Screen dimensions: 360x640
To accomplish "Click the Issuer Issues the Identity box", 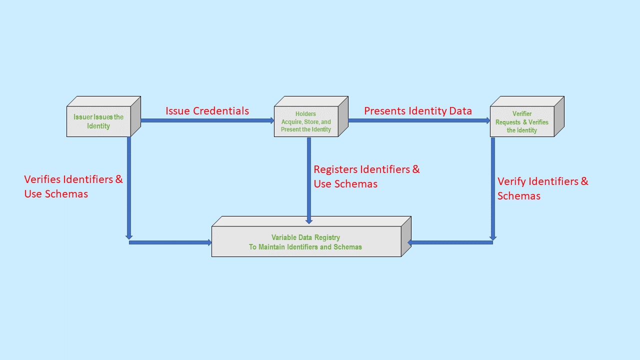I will point(98,121).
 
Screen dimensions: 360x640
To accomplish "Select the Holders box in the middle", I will point(306,121).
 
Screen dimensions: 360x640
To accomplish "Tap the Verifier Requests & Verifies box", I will point(522,122).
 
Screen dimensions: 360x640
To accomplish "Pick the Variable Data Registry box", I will point(305,242).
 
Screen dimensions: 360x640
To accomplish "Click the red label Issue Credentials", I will point(207,111).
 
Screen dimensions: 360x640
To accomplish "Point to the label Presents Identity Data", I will point(418,111).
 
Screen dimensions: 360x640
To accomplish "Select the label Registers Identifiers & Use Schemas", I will point(366,176).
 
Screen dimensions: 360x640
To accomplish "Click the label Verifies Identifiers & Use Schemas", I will point(73,186).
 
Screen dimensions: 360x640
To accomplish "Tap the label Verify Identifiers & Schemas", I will point(542,188).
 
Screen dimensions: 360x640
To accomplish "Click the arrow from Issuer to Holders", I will point(207,120).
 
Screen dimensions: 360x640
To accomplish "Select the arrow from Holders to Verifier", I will point(419,120).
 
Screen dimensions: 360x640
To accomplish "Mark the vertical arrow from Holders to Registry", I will point(309,180).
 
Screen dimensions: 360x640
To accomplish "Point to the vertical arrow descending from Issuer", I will point(129,187).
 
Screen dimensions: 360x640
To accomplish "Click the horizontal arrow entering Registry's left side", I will point(170,242).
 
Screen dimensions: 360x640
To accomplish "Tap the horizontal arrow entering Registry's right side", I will point(450,242).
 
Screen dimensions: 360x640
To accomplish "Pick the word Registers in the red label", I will point(335,169).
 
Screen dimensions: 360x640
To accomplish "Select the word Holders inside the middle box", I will point(305,114).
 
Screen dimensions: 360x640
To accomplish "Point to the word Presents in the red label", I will point(384,111).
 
